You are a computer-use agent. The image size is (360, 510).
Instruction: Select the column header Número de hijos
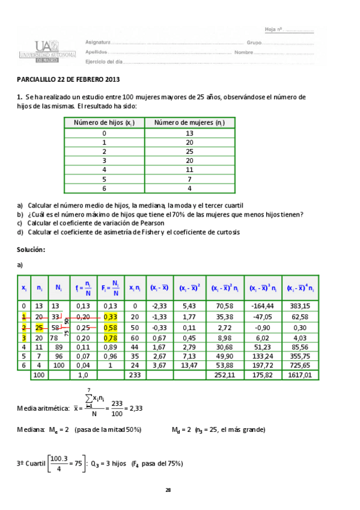click(104, 123)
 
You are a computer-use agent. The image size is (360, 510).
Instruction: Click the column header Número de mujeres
click(189, 123)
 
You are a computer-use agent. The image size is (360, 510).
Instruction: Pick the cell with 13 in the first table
click(189, 134)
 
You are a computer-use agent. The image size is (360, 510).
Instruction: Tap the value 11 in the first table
click(189, 170)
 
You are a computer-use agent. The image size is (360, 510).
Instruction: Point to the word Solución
click(31, 249)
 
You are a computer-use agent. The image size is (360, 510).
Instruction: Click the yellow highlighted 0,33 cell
click(111, 317)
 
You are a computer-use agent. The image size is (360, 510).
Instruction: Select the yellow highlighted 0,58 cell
click(111, 328)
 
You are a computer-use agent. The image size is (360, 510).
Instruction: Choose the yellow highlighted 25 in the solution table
click(40, 328)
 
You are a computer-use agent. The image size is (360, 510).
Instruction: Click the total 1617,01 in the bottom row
click(300, 375)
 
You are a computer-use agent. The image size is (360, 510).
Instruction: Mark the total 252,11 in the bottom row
click(224, 375)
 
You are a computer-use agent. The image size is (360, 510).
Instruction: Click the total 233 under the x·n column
click(135, 375)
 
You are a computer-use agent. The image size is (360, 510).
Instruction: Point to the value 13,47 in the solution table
click(189, 365)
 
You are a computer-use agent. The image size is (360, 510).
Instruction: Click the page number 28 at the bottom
click(169, 490)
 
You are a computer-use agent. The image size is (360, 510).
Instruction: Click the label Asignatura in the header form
click(98, 43)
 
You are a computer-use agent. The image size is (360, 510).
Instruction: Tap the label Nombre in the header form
click(243, 52)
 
